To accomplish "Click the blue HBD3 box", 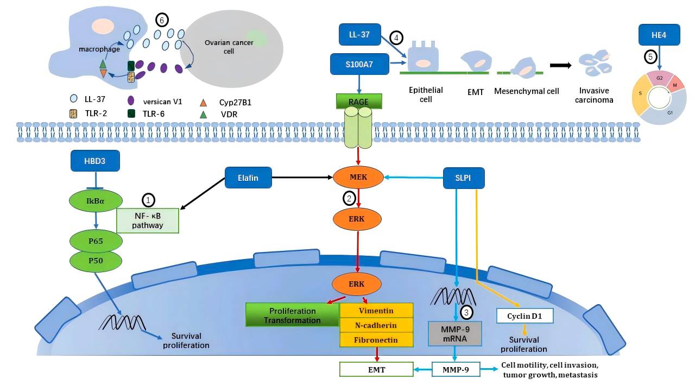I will [95, 161].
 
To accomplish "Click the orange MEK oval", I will [358, 177].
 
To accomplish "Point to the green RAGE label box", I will [359, 101].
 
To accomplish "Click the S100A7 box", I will [359, 64].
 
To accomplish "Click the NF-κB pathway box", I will [148, 220].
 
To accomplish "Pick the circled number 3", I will [466, 312].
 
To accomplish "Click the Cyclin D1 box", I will [525, 316].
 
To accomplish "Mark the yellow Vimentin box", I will [376, 311].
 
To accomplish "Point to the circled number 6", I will [161, 20].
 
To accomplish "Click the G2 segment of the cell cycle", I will [659, 79].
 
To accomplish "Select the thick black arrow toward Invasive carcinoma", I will [561, 65].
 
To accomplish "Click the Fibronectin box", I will [376, 340].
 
